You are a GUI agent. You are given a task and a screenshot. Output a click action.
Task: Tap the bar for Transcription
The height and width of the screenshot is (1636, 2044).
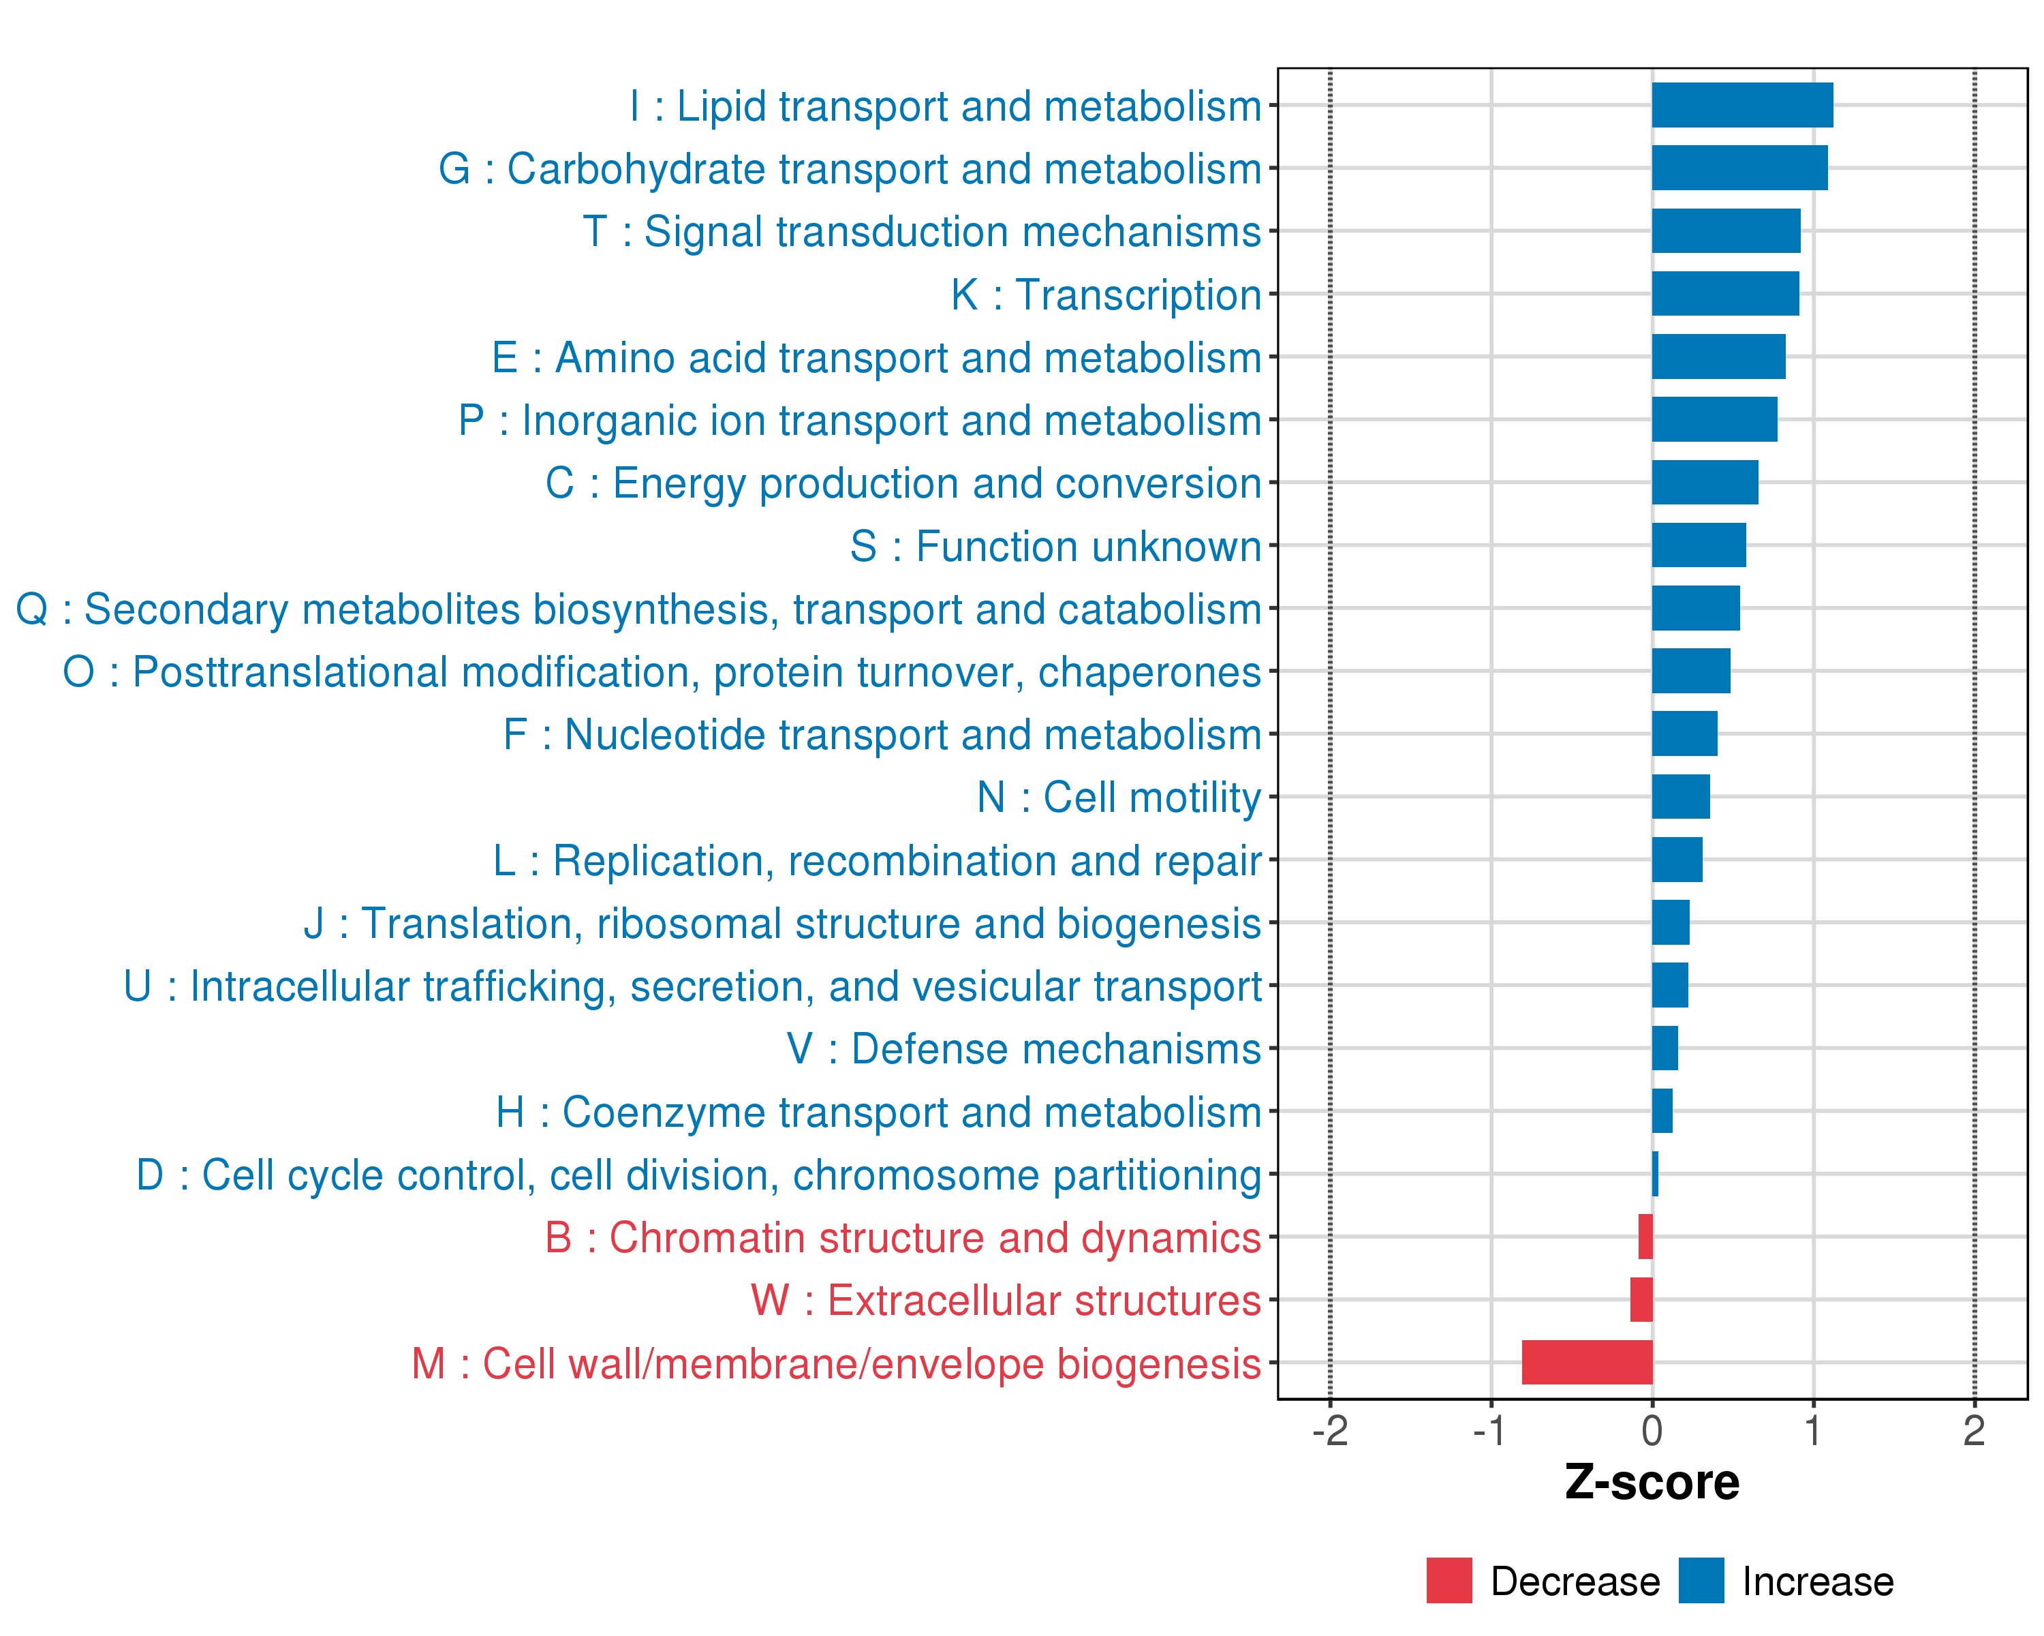tap(1724, 294)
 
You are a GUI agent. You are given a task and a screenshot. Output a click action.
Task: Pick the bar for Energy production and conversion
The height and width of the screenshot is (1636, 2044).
tap(1705, 483)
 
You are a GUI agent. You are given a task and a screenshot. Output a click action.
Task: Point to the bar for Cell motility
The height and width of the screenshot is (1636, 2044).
tap(1681, 797)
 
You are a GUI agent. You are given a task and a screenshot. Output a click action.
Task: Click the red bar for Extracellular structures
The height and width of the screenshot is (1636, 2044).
tap(1641, 1299)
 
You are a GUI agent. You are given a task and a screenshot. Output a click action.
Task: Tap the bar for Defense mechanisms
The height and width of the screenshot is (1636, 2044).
tap(1664, 1048)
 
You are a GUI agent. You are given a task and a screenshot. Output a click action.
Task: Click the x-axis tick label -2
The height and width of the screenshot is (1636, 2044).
tap(1329, 1431)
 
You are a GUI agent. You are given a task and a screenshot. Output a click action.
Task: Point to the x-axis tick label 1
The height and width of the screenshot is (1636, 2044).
tap(1812, 1431)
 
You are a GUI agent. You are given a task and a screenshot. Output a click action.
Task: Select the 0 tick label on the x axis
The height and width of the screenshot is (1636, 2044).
tap(1652, 1431)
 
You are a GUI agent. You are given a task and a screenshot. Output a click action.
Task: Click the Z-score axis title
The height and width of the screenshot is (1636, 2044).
tap(1652, 1483)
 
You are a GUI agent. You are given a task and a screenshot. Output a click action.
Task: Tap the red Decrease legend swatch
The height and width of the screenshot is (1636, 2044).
tap(1449, 1581)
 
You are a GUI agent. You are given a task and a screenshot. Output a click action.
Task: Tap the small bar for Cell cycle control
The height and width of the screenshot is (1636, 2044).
tap(1655, 1174)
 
